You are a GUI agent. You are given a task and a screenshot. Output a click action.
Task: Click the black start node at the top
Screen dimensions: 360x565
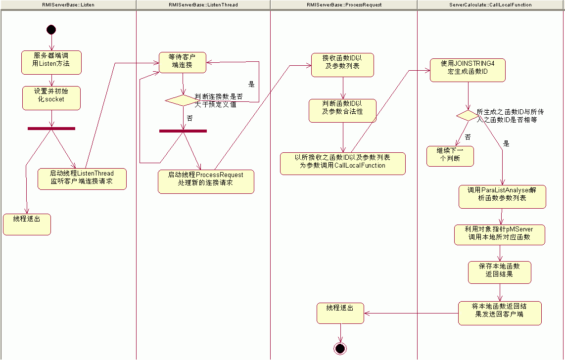click(x=51, y=30)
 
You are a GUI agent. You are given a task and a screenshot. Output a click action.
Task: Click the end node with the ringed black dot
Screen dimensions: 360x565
click(x=340, y=348)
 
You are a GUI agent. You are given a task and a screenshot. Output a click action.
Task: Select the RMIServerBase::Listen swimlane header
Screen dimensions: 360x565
click(x=68, y=5)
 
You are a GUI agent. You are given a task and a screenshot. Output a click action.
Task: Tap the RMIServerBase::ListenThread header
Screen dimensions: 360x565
click(x=203, y=5)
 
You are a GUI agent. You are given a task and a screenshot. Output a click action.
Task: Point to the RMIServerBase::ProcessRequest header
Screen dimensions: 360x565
click(x=344, y=5)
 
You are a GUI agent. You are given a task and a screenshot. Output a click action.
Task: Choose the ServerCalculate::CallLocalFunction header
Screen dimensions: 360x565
click(x=491, y=5)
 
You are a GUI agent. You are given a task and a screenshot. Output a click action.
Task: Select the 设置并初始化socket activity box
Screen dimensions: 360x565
click(x=51, y=97)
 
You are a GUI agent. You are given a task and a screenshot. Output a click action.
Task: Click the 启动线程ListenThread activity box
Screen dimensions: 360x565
click(x=82, y=179)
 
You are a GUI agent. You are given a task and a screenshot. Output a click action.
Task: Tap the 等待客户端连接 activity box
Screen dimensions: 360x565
click(x=182, y=63)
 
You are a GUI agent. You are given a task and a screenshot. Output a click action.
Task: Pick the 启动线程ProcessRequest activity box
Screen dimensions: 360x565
click(x=206, y=181)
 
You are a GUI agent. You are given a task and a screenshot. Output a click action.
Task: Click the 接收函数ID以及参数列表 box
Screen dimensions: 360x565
click(x=342, y=65)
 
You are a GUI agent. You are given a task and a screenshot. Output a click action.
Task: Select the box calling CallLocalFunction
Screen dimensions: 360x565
click(x=342, y=163)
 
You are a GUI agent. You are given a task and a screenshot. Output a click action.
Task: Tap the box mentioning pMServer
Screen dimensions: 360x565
click(x=500, y=234)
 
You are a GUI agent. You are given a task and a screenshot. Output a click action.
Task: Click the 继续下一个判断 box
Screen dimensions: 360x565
click(x=450, y=156)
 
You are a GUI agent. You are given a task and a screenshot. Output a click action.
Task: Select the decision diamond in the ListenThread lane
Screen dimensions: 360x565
click(x=181, y=100)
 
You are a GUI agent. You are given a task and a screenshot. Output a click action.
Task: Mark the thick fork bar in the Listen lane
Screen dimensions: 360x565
click(x=51, y=129)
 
